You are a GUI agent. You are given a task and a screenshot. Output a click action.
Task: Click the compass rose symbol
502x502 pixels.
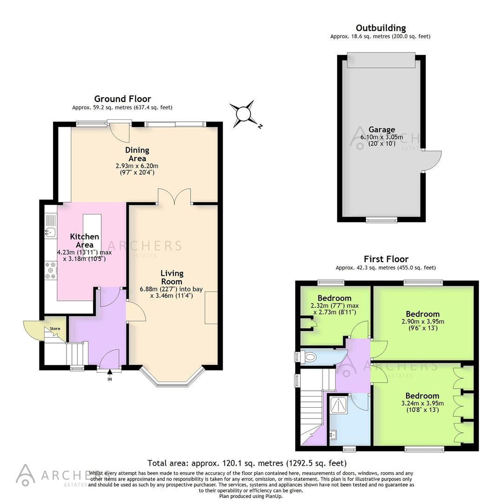point(244,113)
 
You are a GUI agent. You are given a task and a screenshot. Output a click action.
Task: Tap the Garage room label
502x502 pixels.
point(382,130)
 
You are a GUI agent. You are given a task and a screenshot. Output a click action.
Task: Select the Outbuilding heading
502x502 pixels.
point(380,28)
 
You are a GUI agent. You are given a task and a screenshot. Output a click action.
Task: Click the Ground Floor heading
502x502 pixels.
point(122,99)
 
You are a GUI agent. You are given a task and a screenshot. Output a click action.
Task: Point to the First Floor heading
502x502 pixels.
point(386,259)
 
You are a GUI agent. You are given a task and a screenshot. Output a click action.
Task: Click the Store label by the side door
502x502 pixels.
point(55,329)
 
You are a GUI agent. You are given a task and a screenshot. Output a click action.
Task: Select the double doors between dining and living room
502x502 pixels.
point(174,196)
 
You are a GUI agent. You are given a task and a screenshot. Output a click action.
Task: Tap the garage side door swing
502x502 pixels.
point(432,161)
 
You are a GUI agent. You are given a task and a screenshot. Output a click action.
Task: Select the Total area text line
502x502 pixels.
point(247,463)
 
